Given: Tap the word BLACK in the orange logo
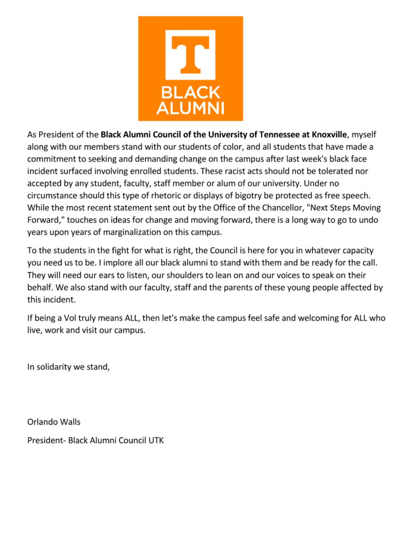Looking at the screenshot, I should click(190, 93).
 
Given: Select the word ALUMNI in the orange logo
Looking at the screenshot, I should click(190, 108).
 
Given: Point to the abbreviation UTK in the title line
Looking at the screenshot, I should click(156, 441).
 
